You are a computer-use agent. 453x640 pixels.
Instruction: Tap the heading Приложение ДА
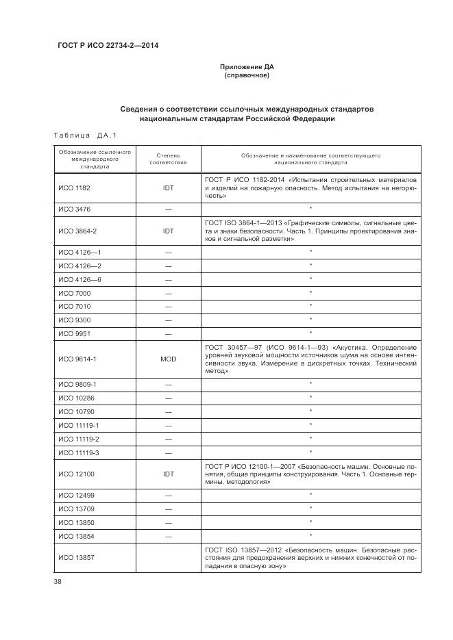(x=247, y=66)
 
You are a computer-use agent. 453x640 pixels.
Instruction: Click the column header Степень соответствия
(x=168, y=159)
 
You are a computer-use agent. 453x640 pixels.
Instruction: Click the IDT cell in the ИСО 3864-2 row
(x=168, y=231)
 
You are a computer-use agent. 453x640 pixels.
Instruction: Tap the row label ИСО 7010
(x=74, y=306)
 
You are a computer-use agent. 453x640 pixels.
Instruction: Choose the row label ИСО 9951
(x=74, y=333)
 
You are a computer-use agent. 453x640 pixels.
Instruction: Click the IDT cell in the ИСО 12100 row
(x=168, y=474)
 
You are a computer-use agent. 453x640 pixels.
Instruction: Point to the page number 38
(x=58, y=582)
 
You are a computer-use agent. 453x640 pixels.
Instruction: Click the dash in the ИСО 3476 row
(x=168, y=208)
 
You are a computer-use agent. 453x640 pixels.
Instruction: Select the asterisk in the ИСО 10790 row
(x=310, y=411)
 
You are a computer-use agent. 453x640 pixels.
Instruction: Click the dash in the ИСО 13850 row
(x=168, y=522)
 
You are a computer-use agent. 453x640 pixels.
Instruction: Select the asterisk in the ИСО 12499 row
(x=310, y=494)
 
